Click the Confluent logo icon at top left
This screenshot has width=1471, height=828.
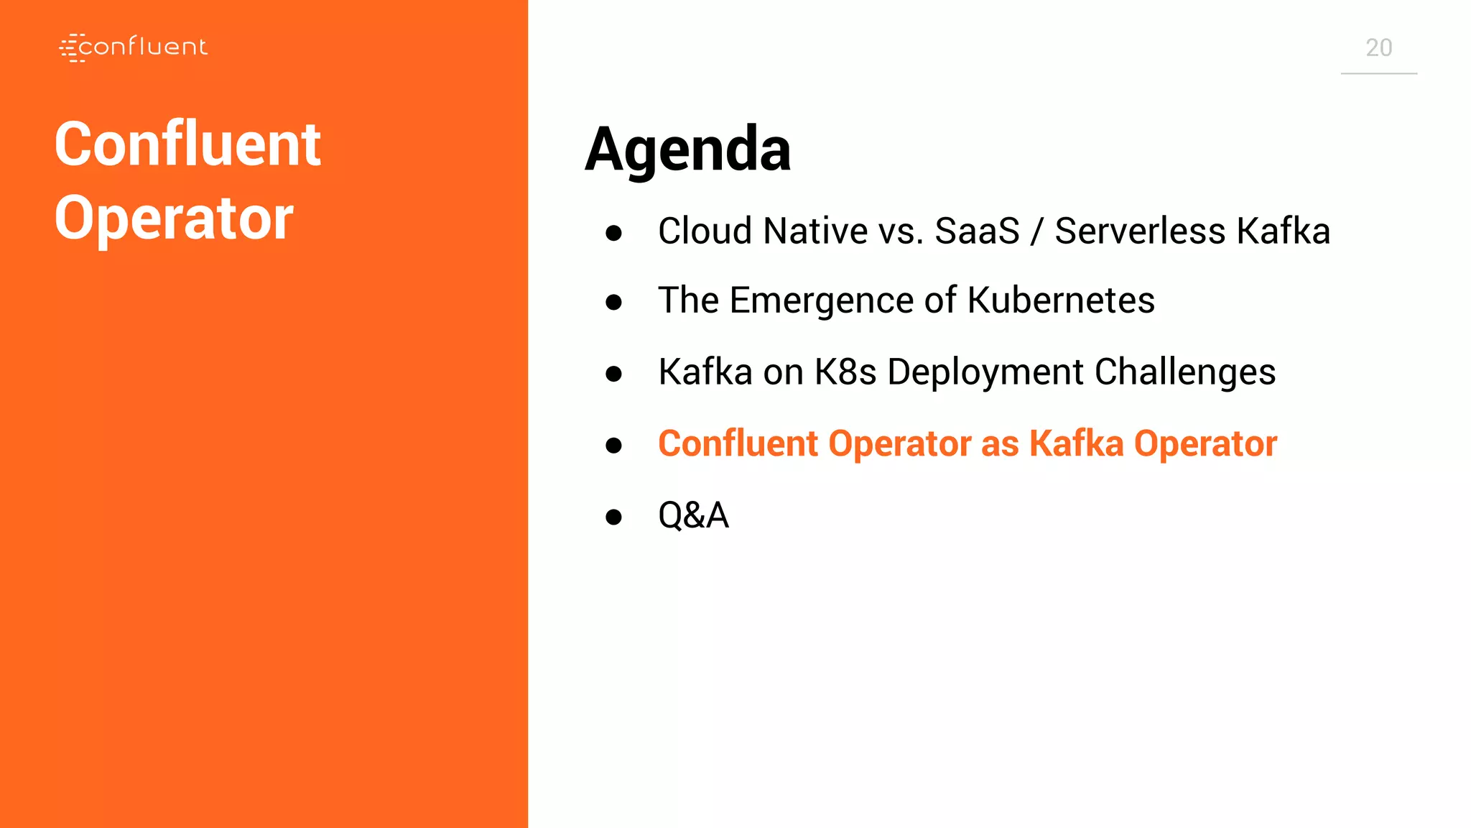[73, 47]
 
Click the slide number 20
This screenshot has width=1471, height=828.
[1378, 48]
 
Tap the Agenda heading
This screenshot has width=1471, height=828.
[687, 149]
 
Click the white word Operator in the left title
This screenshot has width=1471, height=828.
[174, 218]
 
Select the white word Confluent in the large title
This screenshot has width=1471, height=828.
[187, 144]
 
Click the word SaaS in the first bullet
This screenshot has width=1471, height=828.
[977, 231]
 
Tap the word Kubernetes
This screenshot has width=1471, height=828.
[1061, 300]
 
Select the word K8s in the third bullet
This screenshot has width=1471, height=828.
[845, 372]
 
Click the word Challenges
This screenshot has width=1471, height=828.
[1184, 372]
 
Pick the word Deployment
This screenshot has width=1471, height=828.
[985, 372]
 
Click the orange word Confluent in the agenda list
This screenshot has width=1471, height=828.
[738, 443]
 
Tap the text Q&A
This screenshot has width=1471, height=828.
[693, 515]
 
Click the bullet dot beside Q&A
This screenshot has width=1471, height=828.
[613, 517]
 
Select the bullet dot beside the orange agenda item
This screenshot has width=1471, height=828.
[613, 446]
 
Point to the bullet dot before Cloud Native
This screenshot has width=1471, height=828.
[613, 233]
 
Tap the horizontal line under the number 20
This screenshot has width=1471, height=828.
[1378, 73]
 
